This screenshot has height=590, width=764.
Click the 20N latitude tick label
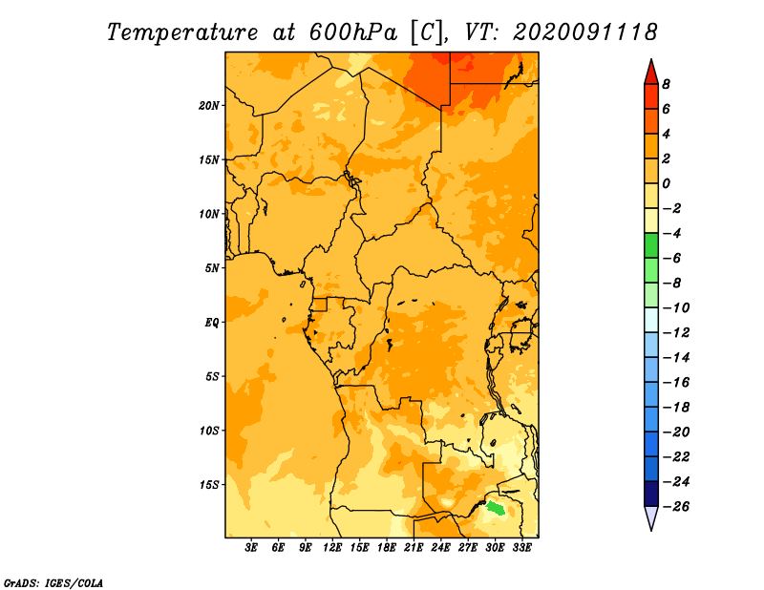coord(208,106)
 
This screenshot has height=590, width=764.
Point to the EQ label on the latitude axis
coord(212,323)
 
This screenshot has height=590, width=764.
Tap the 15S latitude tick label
coord(209,485)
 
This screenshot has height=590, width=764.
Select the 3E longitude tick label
coord(251,548)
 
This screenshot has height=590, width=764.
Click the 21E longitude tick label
coord(414,548)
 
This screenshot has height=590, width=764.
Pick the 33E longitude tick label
coord(521,548)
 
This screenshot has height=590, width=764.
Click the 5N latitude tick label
coord(212,268)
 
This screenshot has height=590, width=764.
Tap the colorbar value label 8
coord(666,84)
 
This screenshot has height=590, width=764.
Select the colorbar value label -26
coord(676,506)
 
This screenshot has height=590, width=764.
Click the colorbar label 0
coord(666,183)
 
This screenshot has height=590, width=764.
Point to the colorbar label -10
coord(676,307)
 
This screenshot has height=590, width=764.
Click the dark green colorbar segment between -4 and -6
coord(651,245)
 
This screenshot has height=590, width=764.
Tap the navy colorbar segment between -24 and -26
coord(651,494)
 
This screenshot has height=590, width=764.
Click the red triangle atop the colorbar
coord(651,74)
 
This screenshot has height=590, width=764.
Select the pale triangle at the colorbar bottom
coord(651,516)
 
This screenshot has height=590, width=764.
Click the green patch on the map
coord(497,508)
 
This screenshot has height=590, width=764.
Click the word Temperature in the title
coord(182,32)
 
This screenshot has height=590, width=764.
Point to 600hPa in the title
coord(353,32)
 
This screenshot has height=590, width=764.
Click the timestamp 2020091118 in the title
coord(585,32)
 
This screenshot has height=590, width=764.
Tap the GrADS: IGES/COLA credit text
coord(53,582)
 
